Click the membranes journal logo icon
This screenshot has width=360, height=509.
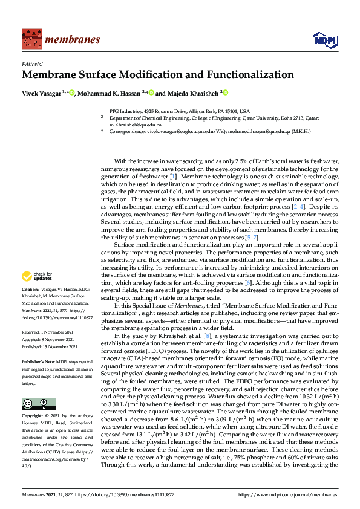pyautogui.click(x=31, y=39)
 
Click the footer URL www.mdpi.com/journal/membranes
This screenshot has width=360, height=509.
pyautogui.click(x=295, y=494)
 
